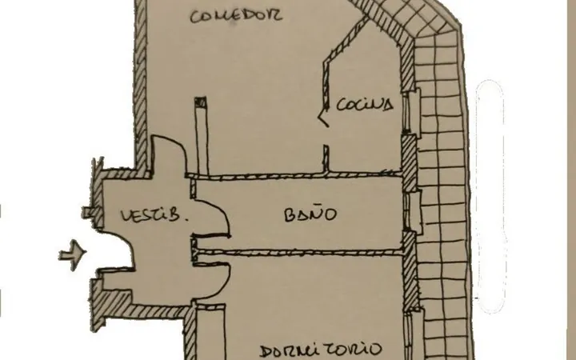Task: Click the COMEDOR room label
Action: click(x=236, y=16)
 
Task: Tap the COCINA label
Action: click(x=365, y=105)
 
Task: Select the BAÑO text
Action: click(x=310, y=214)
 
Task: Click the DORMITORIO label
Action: click(x=321, y=350)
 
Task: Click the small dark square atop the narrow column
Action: click(x=201, y=102)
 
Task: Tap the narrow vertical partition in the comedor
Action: click(x=202, y=136)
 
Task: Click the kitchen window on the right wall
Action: click(x=411, y=111)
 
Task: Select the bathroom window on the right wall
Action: click(x=413, y=212)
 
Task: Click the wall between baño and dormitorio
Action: click(x=299, y=252)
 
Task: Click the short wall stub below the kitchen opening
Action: click(x=326, y=158)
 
